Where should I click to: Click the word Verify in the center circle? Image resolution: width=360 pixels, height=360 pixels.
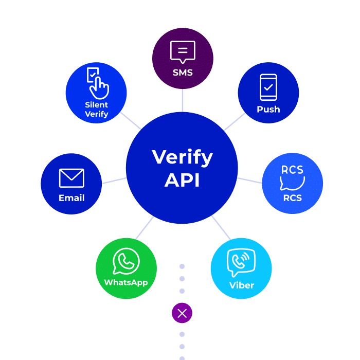pyautogui.click(x=182, y=157)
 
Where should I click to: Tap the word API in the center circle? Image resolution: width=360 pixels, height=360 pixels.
pyautogui.click(x=182, y=180)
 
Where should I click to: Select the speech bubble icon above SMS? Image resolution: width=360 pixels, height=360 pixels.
pyautogui.click(x=183, y=52)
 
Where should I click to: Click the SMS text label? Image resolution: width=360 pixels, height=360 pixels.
pyautogui.click(x=183, y=73)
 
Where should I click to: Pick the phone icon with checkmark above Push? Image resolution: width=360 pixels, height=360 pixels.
pyautogui.click(x=268, y=87)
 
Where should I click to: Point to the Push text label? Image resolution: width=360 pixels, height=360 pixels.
pyautogui.click(x=268, y=109)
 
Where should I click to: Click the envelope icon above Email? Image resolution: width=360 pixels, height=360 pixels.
pyautogui.click(x=71, y=178)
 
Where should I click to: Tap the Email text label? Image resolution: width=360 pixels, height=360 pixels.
pyautogui.click(x=71, y=198)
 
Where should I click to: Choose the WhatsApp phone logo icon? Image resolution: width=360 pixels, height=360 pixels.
pyautogui.click(x=126, y=262)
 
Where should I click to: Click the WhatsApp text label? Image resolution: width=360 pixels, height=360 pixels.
pyautogui.click(x=126, y=282)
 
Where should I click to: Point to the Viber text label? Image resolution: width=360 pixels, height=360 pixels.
pyautogui.click(x=242, y=285)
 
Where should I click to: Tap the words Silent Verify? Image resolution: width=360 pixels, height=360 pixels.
pyautogui.click(x=97, y=109)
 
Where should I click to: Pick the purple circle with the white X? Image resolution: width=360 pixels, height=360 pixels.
pyautogui.click(x=182, y=313)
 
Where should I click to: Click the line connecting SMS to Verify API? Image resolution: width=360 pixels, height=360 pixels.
pyautogui.click(x=183, y=100)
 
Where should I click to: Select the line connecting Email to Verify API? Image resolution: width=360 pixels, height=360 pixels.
pyautogui.click(x=114, y=181)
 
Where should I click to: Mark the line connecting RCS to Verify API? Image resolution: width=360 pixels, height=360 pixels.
pyautogui.click(x=250, y=181)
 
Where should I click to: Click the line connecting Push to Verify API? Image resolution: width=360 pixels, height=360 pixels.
pyautogui.click(x=234, y=122)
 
